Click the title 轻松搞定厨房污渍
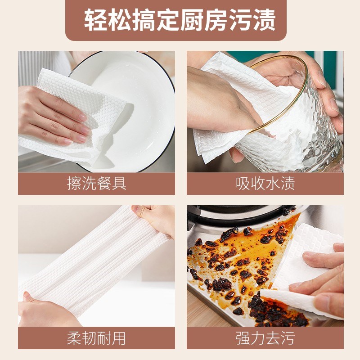point(180,20)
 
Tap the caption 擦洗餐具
point(97,184)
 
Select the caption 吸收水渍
point(265,184)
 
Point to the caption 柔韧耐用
point(96,338)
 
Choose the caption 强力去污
point(265,338)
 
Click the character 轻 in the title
point(96,20)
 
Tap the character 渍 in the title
point(264,20)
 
